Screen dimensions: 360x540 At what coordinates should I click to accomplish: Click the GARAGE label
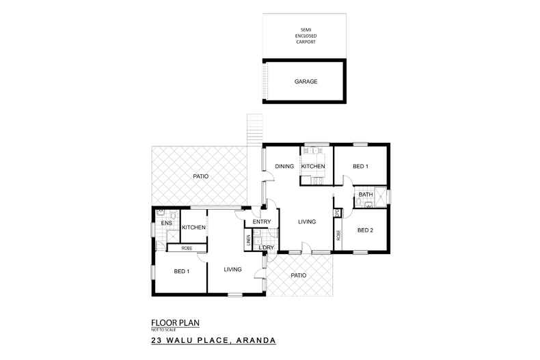pyautogui.click(x=306, y=81)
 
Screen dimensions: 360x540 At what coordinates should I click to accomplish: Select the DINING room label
pyautogui.click(x=284, y=167)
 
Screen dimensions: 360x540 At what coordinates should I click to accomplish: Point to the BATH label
pyautogui.click(x=366, y=195)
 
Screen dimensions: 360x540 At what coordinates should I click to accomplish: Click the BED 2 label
pyautogui.click(x=365, y=230)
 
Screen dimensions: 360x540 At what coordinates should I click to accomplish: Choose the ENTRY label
pyautogui.click(x=262, y=222)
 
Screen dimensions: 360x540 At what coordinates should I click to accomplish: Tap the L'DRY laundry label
pyautogui.click(x=266, y=247)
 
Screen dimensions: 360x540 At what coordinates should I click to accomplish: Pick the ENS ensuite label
pyautogui.click(x=165, y=223)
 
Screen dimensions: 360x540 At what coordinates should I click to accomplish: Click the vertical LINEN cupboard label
pyautogui.click(x=248, y=241)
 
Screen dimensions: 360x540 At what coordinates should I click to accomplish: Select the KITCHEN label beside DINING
pyautogui.click(x=313, y=167)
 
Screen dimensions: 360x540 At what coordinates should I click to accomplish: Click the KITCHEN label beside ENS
pyautogui.click(x=193, y=227)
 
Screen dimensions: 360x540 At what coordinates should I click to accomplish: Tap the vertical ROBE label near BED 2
pyautogui.click(x=338, y=236)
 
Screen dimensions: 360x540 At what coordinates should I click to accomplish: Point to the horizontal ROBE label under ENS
pyautogui.click(x=186, y=248)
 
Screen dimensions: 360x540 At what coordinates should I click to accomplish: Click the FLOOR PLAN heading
pyautogui.click(x=176, y=323)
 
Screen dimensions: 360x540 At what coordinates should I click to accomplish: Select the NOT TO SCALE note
pyautogui.click(x=162, y=330)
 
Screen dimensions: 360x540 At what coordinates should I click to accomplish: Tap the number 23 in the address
pyautogui.click(x=157, y=340)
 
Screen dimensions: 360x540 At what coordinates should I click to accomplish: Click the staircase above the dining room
pyautogui.click(x=254, y=128)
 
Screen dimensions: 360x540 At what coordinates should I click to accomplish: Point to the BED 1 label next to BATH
pyautogui.click(x=360, y=167)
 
